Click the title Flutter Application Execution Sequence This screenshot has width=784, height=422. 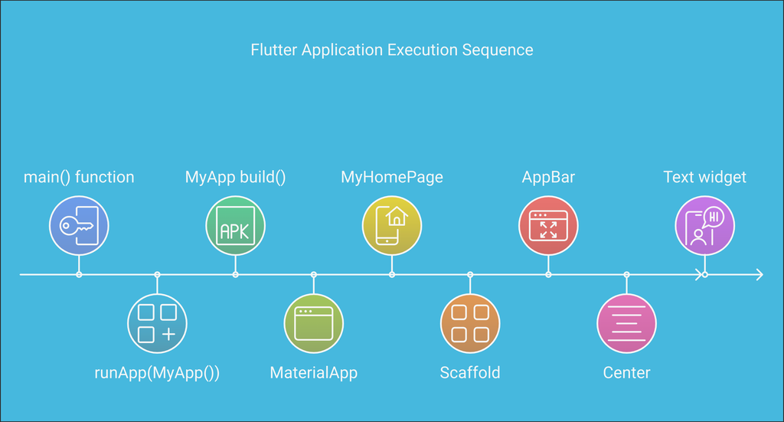[391, 51]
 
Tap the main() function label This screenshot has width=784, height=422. [79, 178]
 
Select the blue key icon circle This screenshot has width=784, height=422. [79, 225]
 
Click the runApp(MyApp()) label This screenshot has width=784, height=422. [157, 374]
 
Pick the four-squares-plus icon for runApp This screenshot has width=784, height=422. [157, 323]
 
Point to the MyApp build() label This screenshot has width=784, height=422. [235, 178]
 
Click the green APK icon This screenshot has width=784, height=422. [235, 225]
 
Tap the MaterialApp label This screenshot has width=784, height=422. [313, 374]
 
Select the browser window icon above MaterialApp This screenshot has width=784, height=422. [313, 323]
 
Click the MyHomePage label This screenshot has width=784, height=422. [391, 178]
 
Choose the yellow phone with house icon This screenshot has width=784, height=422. [391, 225]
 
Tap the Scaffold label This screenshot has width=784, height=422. [469, 374]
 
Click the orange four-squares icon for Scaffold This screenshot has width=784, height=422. [469, 323]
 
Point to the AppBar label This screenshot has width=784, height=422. [548, 178]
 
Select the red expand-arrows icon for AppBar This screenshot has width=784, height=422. [548, 225]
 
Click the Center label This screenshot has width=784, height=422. [626, 374]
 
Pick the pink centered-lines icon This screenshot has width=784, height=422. [626, 323]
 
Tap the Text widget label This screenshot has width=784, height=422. [704, 178]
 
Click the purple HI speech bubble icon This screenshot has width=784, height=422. [704, 225]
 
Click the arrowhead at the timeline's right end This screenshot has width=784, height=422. [759, 274]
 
